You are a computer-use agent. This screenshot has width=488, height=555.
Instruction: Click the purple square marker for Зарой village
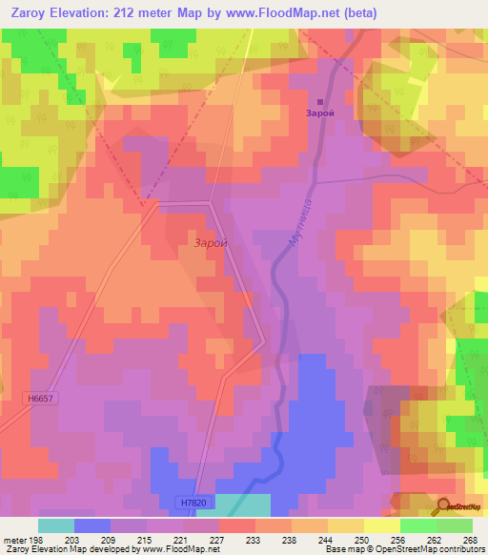[320, 102]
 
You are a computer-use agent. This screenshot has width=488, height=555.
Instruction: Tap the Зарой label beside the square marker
[320, 113]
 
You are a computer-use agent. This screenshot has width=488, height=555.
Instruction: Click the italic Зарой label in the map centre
[211, 243]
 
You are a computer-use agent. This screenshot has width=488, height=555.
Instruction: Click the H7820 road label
[193, 502]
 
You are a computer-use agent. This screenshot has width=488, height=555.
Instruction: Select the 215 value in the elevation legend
[146, 540]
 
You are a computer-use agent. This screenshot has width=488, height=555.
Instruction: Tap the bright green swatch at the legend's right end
[454, 525]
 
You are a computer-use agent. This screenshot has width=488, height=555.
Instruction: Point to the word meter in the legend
[13, 540]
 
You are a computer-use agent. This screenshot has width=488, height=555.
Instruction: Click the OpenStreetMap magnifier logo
[444, 505]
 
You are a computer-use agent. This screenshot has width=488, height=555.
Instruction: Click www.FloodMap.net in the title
[283, 12]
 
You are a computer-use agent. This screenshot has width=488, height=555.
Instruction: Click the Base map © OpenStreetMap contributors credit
[404, 549]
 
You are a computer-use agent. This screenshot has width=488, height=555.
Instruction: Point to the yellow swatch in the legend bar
[381, 525]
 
